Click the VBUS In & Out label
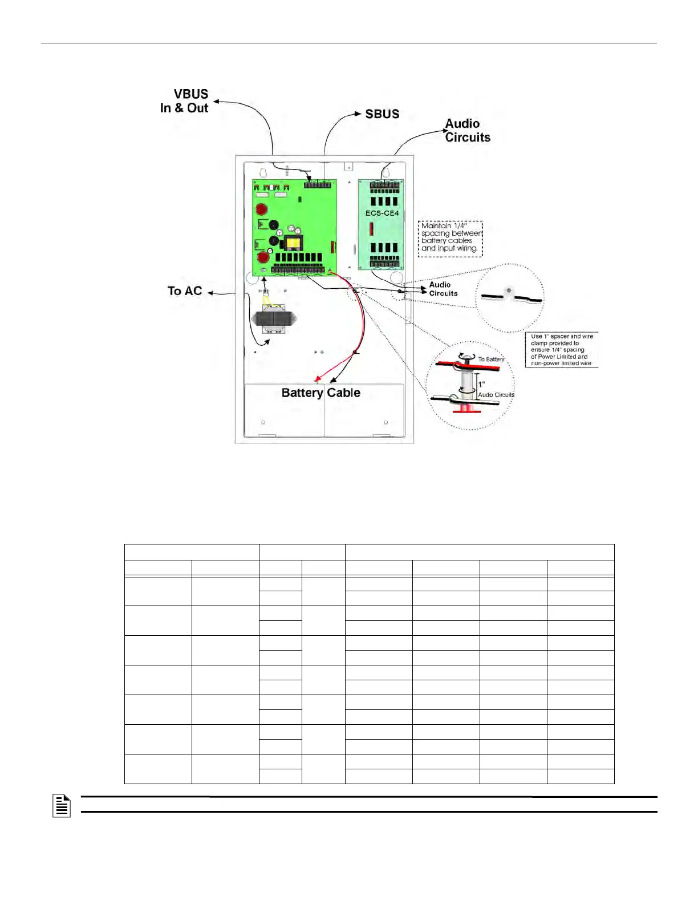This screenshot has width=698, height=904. pyautogui.click(x=185, y=101)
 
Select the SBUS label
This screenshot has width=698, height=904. pyautogui.click(x=382, y=114)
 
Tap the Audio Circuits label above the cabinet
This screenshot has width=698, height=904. pyautogui.click(x=467, y=131)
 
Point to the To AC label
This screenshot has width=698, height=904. pyautogui.click(x=185, y=291)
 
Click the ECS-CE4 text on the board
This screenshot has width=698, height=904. pyautogui.click(x=382, y=213)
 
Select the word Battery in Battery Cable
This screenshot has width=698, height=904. pyautogui.click(x=302, y=393)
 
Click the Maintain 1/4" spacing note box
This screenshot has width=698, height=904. pyautogui.click(x=451, y=238)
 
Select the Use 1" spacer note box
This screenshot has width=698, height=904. pyautogui.click(x=562, y=350)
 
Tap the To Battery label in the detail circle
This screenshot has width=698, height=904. pyautogui.click(x=491, y=360)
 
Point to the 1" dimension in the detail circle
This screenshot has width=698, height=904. pyautogui.click(x=481, y=385)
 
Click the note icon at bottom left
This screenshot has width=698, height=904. pyautogui.click(x=62, y=806)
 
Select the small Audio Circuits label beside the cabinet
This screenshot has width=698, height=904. pyautogui.click(x=443, y=289)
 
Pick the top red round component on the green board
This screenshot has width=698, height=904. pyautogui.click(x=262, y=209)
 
